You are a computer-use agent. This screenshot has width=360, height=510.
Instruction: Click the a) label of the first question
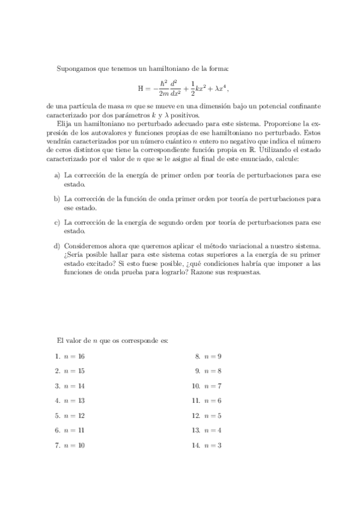(57, 174)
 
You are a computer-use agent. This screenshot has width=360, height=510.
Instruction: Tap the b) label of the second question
(57, 198)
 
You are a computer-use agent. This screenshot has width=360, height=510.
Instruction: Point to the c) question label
(57, 221)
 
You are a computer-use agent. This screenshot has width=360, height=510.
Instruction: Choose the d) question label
(57, 245)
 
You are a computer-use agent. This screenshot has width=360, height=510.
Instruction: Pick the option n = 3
(213, 445)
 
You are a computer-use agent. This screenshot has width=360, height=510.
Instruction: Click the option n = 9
(213, 356)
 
